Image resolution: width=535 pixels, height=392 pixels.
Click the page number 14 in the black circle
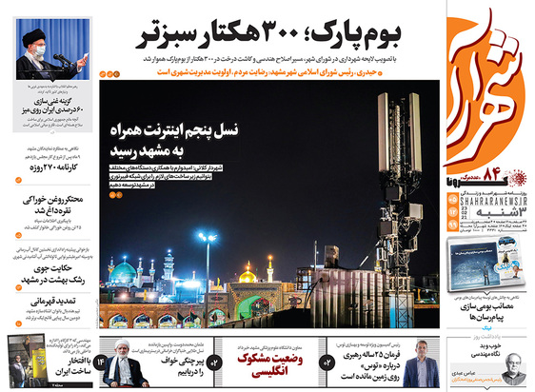point(99,363)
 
